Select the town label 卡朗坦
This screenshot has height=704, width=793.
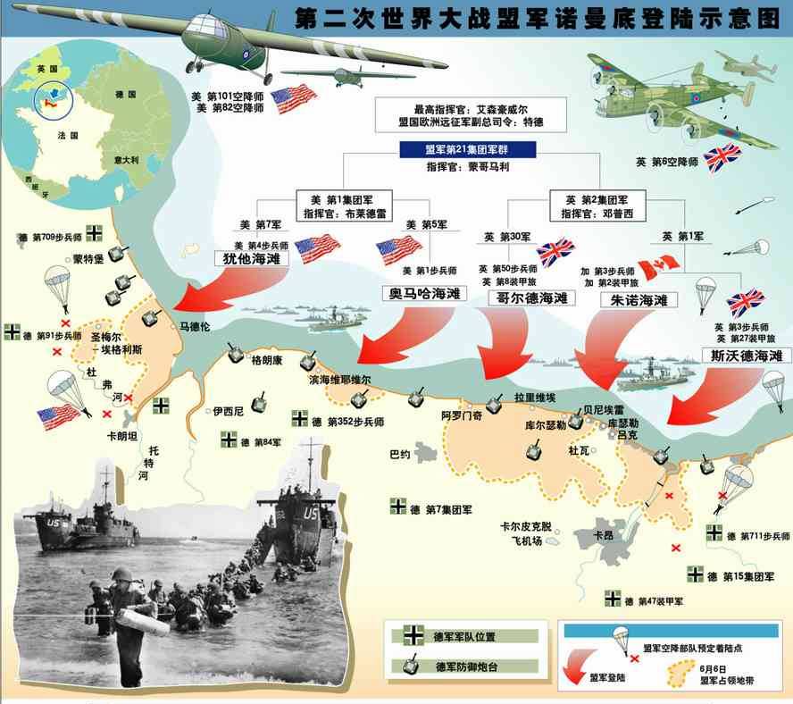[122, 437]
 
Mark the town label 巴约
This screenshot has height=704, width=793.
[400, 454]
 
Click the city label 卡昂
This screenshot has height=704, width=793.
[605, 535]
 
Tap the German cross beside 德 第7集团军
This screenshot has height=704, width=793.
[399, 507]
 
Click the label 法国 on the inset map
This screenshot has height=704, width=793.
[63, 136]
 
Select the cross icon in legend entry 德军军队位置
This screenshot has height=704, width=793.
[413, 636]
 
